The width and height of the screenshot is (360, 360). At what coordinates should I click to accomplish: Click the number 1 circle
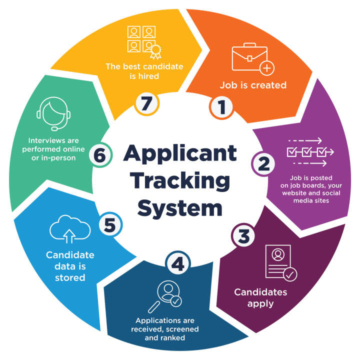(220, 106)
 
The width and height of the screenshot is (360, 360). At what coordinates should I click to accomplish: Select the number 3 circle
(243, 234)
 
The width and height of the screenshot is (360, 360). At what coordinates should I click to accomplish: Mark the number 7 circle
(147, 103)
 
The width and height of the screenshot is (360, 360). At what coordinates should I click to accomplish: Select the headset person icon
(53, 114)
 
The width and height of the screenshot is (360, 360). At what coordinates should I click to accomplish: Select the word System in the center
(180, 206)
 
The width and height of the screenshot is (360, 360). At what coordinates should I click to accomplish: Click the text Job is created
(253, 85)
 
